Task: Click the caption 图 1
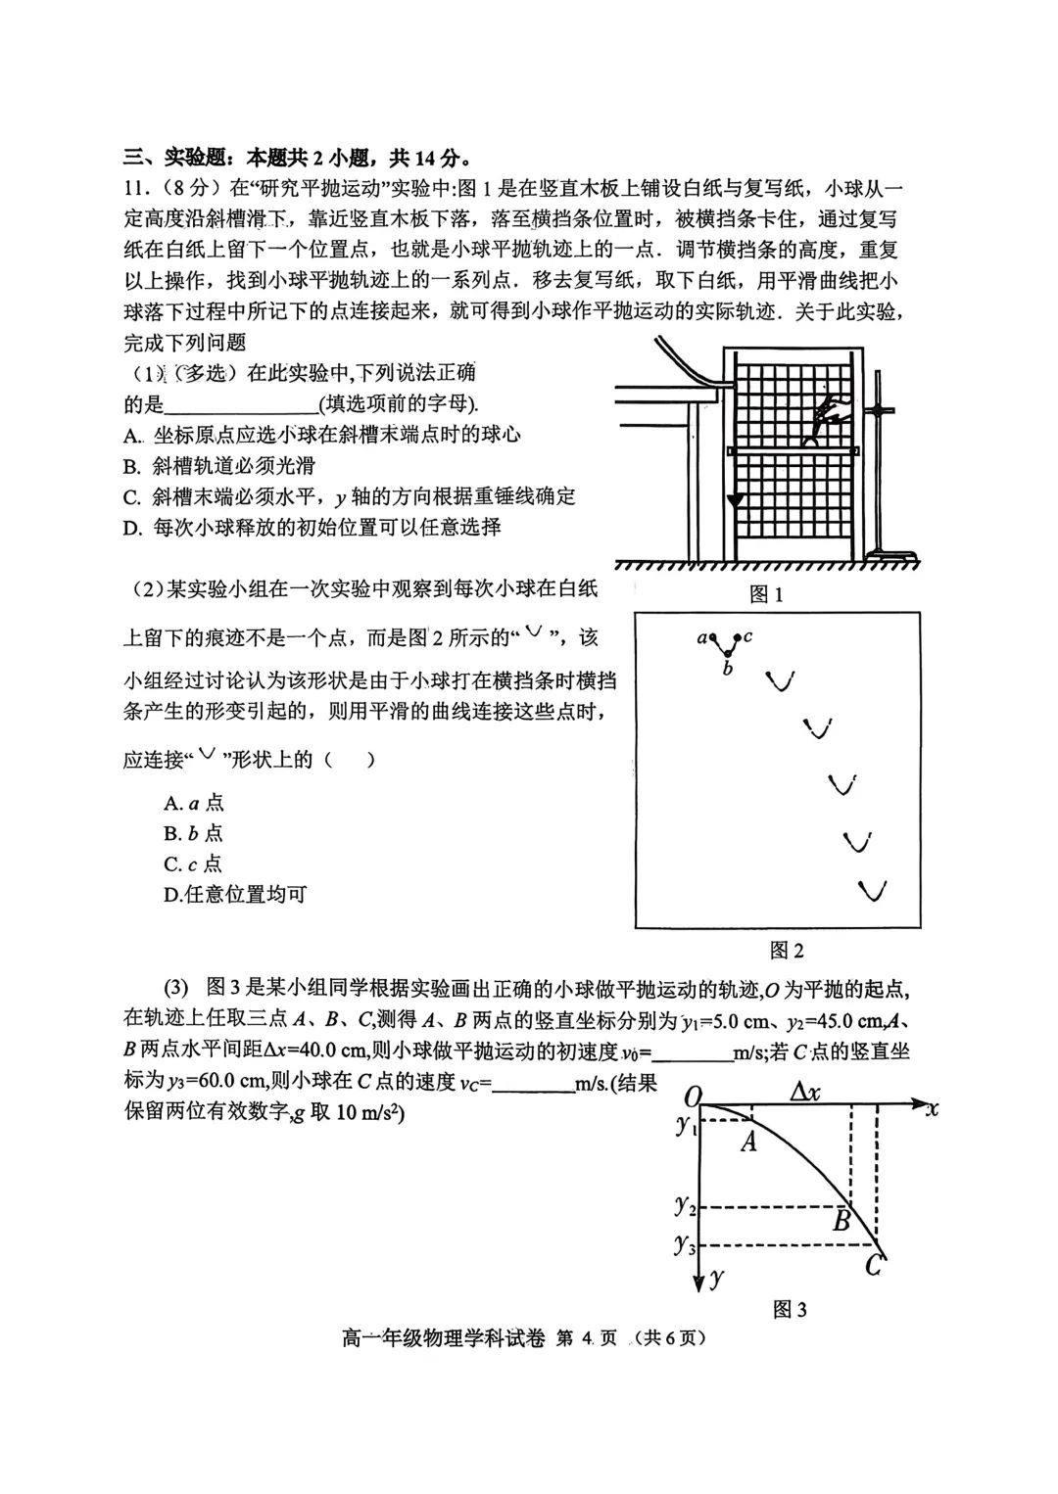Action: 765,594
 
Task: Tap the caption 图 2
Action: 787,950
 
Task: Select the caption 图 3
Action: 789,1309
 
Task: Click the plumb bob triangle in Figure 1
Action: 734,500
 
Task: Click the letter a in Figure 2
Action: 701,638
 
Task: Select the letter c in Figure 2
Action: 748,636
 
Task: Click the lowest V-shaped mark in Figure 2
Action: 872,891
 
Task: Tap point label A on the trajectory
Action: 749,1141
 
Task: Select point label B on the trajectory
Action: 842,1221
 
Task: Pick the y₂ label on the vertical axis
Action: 685,1206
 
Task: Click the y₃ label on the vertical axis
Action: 685,1245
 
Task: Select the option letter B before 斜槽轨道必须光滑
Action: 132,466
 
